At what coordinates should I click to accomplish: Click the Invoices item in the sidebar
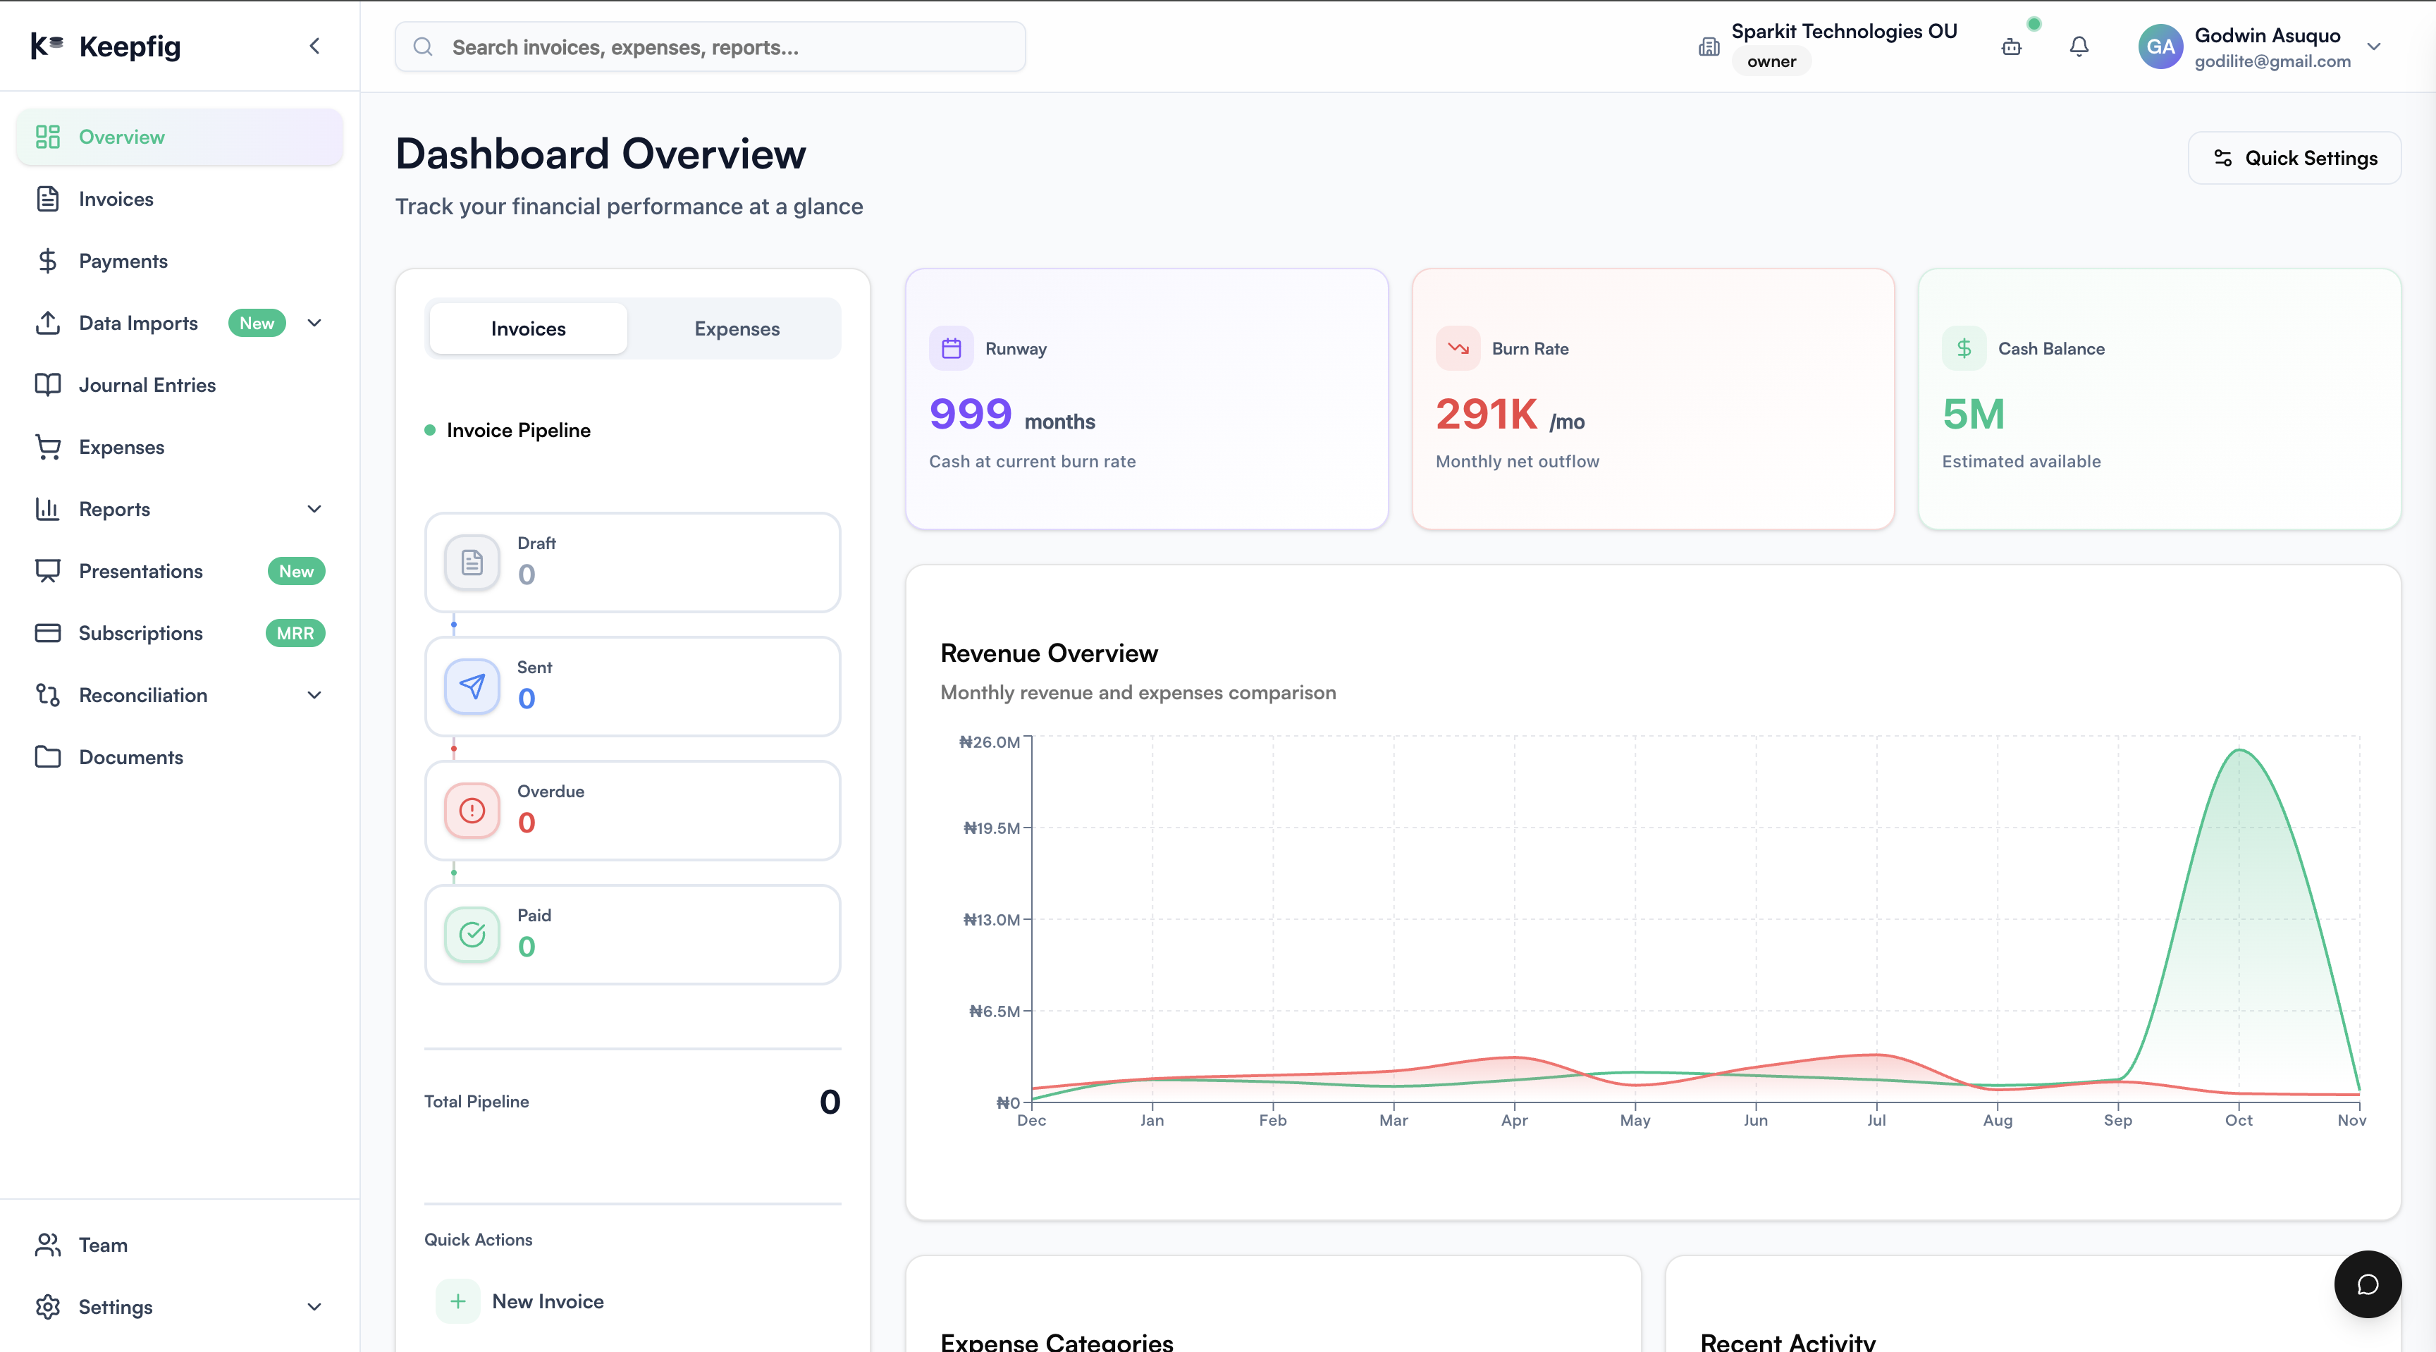(116, 199)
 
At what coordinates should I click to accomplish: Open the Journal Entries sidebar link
(147, 385)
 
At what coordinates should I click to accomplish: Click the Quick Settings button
(2294, 158)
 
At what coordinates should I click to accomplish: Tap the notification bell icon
(2079, 47)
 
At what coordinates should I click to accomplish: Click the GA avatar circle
(2160, 47)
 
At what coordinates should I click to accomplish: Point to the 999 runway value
(970, 414)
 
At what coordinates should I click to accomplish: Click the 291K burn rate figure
(1487, 414)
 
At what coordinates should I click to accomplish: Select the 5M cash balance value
(1974, 414)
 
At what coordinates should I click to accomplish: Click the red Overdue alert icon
(472, 810)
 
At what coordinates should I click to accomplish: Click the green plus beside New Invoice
(457, 1301)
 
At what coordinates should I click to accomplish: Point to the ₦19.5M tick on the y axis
(991, 828)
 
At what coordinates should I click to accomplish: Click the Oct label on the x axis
(2239, 1120)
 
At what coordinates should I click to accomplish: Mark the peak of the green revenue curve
(2239, 750)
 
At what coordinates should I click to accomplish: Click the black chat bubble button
(2367, 1284)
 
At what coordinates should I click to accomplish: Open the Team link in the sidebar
(102, 1245)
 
